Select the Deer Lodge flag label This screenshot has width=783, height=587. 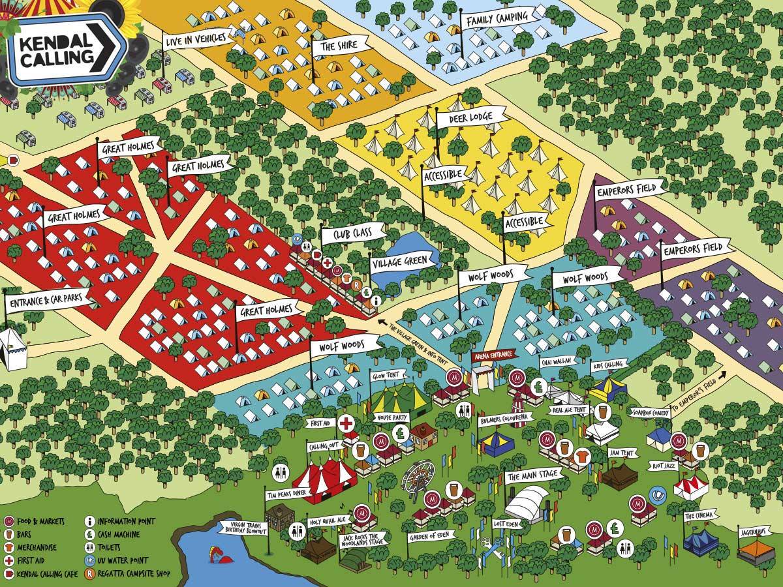[x=470, y=117]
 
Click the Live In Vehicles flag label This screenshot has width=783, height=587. [x=191, y=39]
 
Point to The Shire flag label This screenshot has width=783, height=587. [x=337, y=46]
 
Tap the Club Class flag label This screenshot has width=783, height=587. [x=352, y=234]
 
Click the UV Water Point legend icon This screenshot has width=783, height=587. [x=90, y=560]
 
